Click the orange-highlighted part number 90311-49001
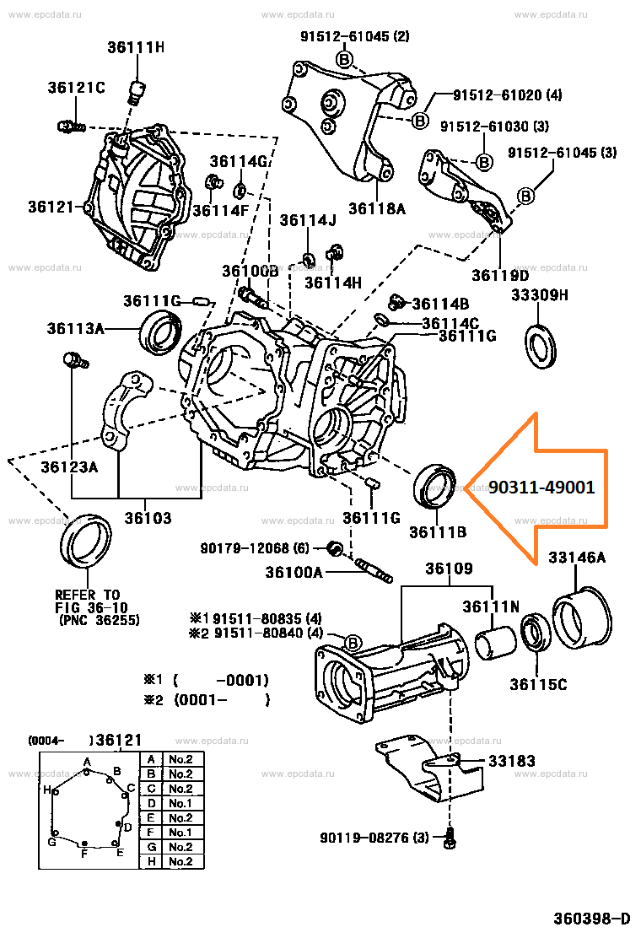coord(541,488)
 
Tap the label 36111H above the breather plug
coord(135,47)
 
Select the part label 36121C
coord(76,88)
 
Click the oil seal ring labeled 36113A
coord(160,331)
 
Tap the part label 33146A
coord(577,558)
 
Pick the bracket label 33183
coord(511,761)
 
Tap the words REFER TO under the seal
coord(88,594)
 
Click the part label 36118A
coord(376,208)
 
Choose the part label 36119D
coord(500,275)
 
